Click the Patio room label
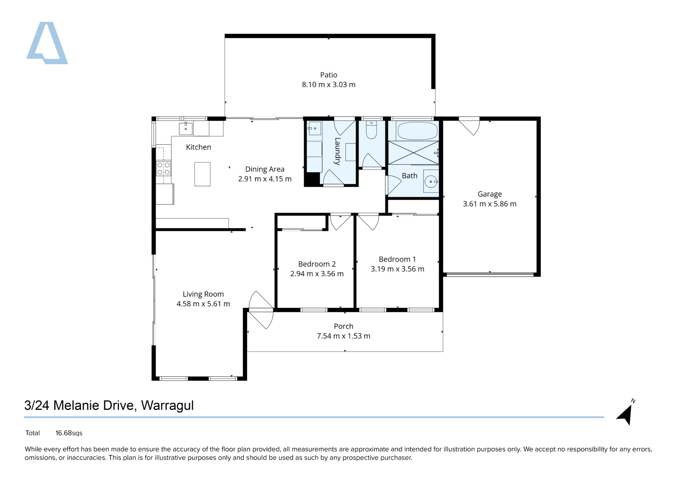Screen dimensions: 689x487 (x=329, y=75)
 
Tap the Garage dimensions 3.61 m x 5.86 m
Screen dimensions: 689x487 (x=490, y=204)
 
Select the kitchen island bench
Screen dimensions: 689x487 (x=202, y=174)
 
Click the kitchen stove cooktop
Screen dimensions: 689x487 (x=163, y=169)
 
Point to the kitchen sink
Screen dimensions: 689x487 (x=186, y=128)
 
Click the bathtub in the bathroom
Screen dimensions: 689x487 (x=418, y=131)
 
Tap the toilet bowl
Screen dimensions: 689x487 (x=371, y=129)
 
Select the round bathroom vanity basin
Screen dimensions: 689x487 (x=431, y=182)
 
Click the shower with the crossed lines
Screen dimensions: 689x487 (x=413, y=153)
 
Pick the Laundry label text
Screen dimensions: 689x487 (x=338, y=151)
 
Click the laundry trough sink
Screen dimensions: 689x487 (x=314, y=128)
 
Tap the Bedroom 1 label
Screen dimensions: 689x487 (x=397, y=259)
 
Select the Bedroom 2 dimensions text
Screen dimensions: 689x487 (x=317, y=274)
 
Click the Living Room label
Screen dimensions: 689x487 (x=203, y=294)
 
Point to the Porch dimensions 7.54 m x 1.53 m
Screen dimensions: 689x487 (x=343, y=336)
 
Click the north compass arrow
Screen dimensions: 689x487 (x=626, y=414)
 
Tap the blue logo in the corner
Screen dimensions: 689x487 (x=47, y=43)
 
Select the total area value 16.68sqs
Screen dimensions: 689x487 (x=69, y=433)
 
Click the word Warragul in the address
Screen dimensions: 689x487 (x=167, y=406)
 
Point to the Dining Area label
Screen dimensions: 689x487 (x=265, y=169)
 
